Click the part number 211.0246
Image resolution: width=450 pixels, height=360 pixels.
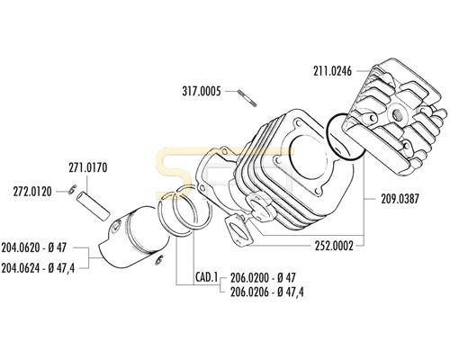click(x=332, y=71)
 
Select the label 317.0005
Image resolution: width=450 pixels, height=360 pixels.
click(x=202, y=91)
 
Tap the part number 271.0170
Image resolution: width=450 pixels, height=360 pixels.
click(x=88, y=167)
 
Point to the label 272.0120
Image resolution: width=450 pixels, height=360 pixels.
click(x=32, y=192)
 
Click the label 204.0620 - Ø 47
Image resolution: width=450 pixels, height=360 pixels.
click(x=33, y=247)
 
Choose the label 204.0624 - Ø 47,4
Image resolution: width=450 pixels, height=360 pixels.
click(x=38, y=267)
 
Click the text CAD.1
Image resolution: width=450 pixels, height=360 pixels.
click(x=206, y=277)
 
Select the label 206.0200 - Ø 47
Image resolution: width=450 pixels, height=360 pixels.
click(x=263, y=277)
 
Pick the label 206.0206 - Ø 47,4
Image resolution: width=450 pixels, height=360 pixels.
click(x=267, y=292)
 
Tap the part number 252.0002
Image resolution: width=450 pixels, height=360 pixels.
click(x=334, y=246)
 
